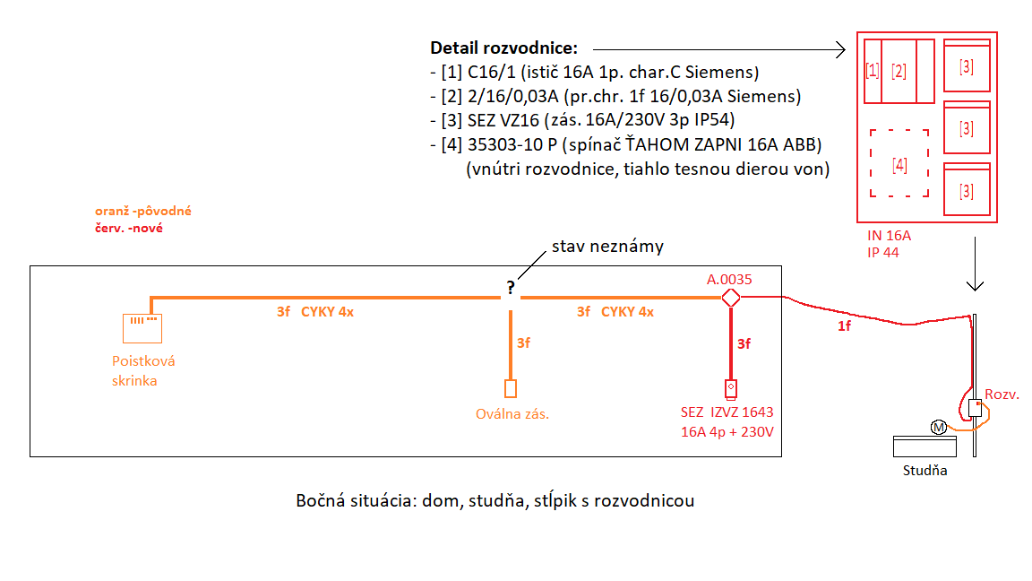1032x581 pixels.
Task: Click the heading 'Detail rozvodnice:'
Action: click(x=504, y=48)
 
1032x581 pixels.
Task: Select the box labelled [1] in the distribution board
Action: click(x=872, y=71)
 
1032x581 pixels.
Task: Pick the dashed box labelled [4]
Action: click(x=899, y=163)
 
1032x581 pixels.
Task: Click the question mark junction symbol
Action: click(x=511, y=289)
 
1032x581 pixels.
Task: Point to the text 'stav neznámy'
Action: click(x=607, y=247)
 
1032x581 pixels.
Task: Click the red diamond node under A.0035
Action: click(x=731, y=297)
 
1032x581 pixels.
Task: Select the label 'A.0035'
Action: click(x=730, y=279)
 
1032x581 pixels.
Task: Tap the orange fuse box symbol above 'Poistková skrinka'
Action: click(x=142, y=327)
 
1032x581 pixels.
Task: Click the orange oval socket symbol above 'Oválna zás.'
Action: click(x=511, y=388)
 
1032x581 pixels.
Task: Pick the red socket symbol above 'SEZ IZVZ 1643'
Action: click(x=731, y=388)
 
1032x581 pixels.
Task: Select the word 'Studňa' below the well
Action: click(x=925, y=470)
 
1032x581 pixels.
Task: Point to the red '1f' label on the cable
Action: click(x=844, y=326)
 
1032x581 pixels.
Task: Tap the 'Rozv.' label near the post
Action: click(x=1002, y=395)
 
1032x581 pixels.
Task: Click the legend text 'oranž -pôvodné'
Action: click(x=143, y=212)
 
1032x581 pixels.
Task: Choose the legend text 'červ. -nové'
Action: click(x=128, y=228)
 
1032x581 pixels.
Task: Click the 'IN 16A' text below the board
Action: click(x=888, y=236)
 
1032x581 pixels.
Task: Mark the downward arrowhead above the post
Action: click(x=976, y=286)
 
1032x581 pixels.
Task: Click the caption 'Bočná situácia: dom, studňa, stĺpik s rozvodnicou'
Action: click(x=494, y=500)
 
